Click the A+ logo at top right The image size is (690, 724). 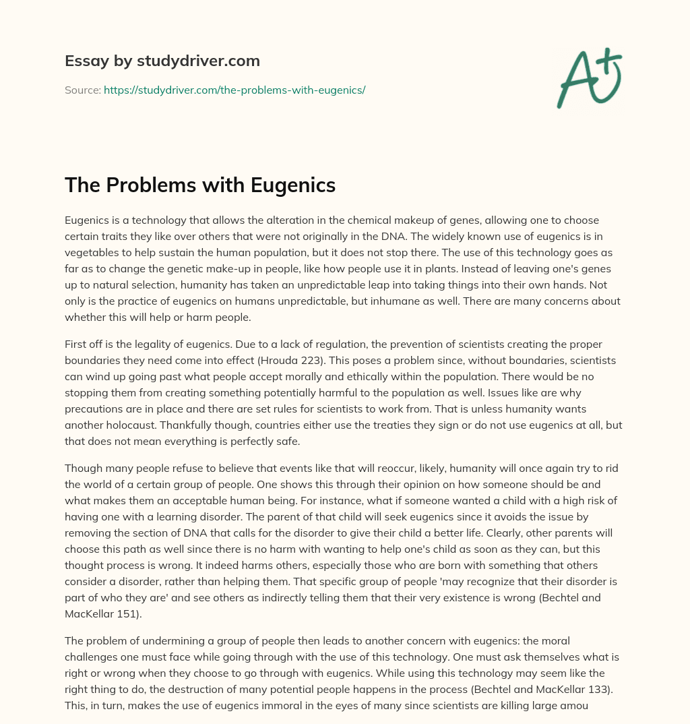[588, 79]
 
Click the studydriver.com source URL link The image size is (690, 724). [234, 90]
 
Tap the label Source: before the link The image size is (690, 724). [82, 90]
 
